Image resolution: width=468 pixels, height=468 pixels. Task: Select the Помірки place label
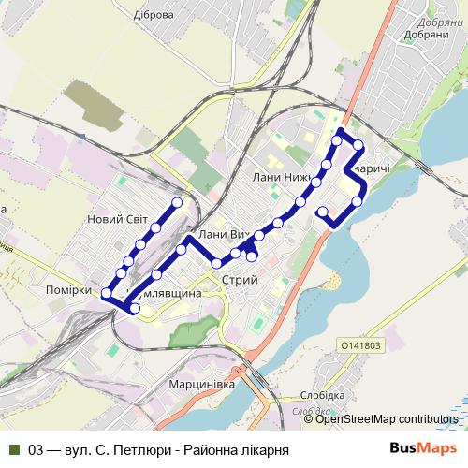tap(68, 290)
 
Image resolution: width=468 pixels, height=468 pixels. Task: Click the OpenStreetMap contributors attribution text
tap(386, 419)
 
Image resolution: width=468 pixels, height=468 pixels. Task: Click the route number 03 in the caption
tap(38, 449)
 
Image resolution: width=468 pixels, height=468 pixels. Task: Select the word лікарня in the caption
tap(262, 449)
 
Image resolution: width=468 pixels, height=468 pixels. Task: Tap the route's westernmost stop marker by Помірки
tap(107, 293)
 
